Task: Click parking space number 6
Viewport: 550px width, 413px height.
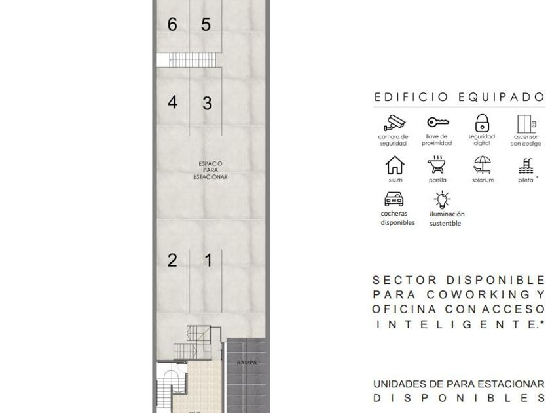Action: pyautogui.click(x=172, y=24)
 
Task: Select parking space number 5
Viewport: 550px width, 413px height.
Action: pyautogui.click(x=206, y=24)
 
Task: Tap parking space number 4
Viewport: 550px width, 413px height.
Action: pyautogui.click(x=172, y=102)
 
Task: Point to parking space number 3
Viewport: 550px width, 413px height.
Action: pyautogui.click(x=207, y=104)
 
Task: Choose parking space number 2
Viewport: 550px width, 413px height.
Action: pyautogui.click(x=172, y=260)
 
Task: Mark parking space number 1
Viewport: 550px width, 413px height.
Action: pyautogui.click(x=208, y=261)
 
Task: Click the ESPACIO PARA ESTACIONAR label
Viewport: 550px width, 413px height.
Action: pyautogui.click(x=210, y=170)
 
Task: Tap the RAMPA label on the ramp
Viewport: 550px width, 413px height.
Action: pyautogui.click(x=247, y=363)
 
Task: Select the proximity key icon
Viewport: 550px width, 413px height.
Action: pyautogui.click(x=438, y=122)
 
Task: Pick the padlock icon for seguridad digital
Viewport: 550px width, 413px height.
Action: pyautogui.click(x=483, y=123)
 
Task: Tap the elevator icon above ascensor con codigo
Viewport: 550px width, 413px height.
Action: pyautogui.click(x=526, y=124)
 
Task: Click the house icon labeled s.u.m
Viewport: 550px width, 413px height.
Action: pyautogui.click(x=395, y=165)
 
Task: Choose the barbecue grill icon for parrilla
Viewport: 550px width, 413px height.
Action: pyautogui.click(x=436, y=165)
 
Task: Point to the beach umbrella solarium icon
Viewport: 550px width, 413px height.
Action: pyautogui.click(x=483, y=165)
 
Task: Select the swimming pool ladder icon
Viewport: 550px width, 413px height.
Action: pyautogui.click(x=526, y=166)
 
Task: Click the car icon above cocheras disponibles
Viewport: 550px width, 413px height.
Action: pyautogui.click(x=394, y=199)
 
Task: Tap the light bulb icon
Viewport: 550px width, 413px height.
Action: pyautogui.click(x=443, y=200)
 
